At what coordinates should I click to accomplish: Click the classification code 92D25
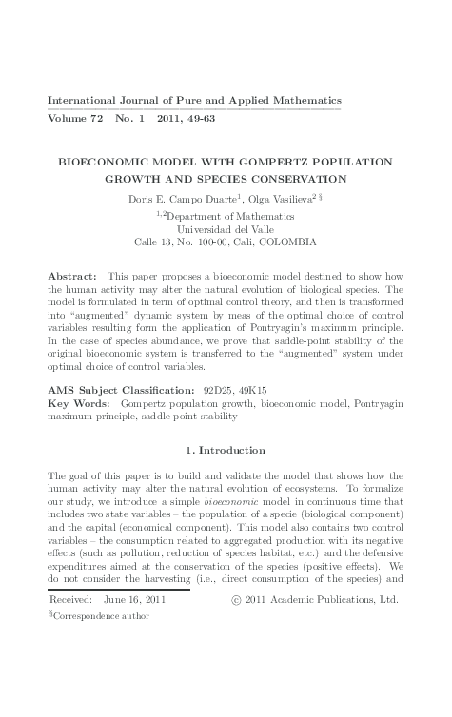click(x=220, y=390)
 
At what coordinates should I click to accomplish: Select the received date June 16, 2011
click(x=133, y=601)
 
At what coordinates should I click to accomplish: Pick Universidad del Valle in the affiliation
click(x=225, y=227)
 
